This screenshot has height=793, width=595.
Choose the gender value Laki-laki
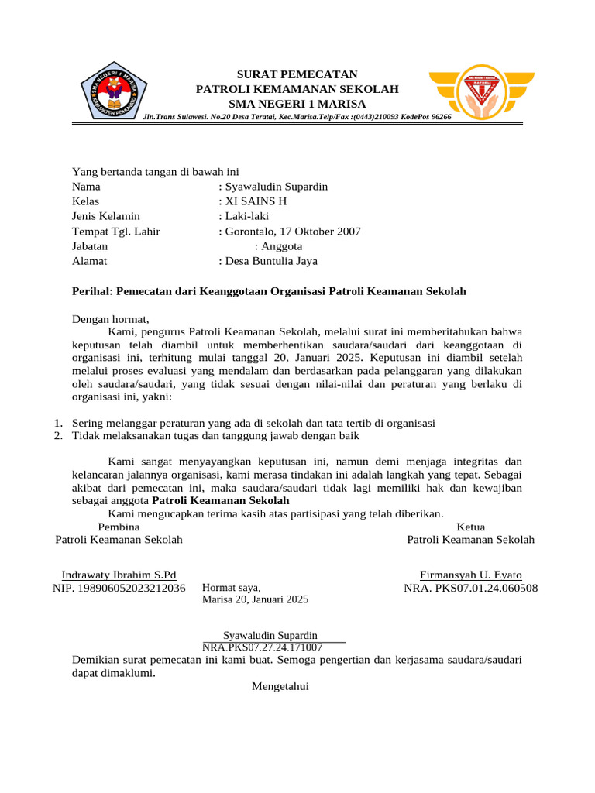click(246, 216)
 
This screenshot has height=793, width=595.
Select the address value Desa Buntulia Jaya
click(270, 261)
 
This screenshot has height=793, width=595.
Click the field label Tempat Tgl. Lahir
click(116, 232)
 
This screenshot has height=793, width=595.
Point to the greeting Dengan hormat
click(110, 318)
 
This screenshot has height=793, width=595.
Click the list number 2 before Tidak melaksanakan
click(57, 436)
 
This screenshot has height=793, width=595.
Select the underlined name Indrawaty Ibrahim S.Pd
click(119, 575)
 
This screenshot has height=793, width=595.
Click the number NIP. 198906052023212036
click(119, 589)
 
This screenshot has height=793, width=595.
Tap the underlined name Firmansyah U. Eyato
click(470, 575)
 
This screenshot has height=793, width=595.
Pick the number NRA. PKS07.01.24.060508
click(470, 589)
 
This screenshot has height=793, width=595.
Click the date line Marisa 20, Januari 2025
click(255, 599)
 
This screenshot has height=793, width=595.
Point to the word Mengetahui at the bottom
click(280, 685)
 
